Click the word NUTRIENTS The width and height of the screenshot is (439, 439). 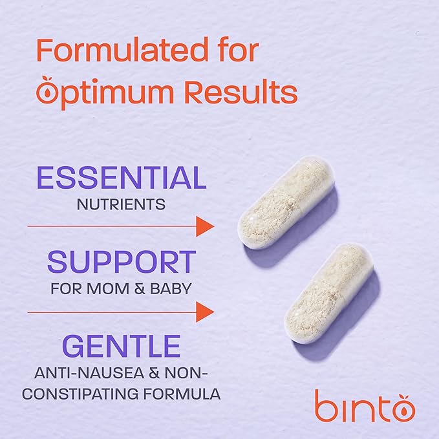[x=121, y=205]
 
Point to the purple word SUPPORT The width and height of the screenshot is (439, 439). [x=121, y=262]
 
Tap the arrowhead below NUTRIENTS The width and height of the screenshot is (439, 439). [x=205, y=226]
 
